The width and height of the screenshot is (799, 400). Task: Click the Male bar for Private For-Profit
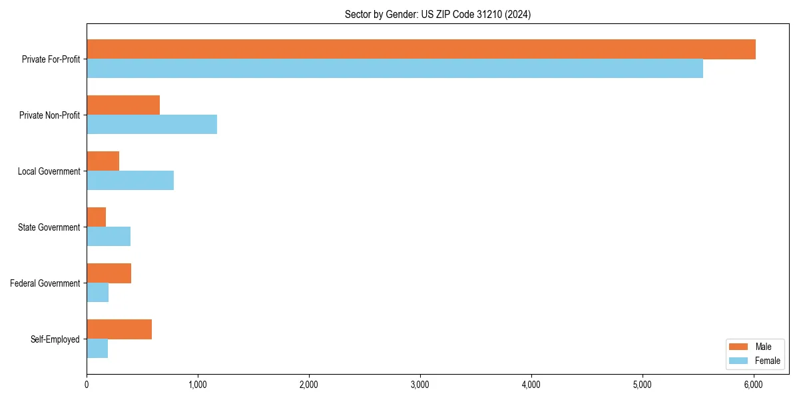pos(421,49)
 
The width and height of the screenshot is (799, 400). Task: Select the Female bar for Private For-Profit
pos(395,69)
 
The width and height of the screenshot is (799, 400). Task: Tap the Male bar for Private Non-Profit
pos(123,105)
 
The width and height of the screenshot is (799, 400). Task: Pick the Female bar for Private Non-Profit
pos(152,125)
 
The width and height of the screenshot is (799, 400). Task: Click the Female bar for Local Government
pos(130,181)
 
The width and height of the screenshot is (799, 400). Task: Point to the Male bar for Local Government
pos(103,161)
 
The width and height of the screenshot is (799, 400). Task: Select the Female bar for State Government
pos(109,237)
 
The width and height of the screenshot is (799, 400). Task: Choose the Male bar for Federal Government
pos(109,273)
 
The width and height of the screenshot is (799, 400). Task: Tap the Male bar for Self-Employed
pos(119,329)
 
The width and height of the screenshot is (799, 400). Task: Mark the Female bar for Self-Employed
pos(97,349)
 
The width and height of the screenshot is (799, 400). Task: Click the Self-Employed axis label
pos(55,339)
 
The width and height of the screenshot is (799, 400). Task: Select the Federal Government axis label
pos(45,283)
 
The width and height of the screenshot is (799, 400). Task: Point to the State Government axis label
pos(49,227)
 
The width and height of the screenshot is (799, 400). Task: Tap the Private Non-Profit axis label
pos(49,115)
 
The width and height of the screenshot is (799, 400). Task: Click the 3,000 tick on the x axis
pos(419,385)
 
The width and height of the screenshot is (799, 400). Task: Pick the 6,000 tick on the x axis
pos(753,385)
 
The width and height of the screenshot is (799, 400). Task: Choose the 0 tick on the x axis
pos(87,385)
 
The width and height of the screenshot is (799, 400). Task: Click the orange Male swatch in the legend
pos(739,347)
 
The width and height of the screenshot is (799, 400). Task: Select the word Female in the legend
pos(768,361)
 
